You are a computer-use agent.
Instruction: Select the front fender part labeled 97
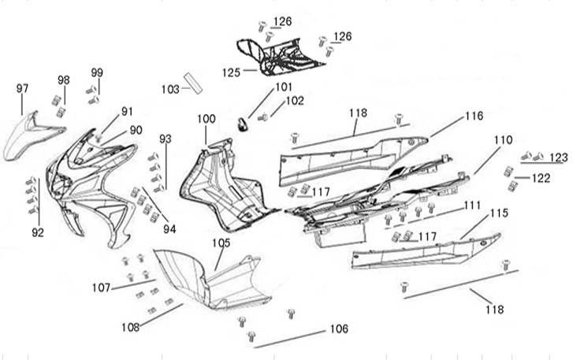tap(30, 137)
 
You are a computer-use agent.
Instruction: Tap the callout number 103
tap(170, 89)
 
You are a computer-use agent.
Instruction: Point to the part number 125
tap(230, 72)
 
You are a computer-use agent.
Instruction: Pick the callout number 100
tap(206, 119)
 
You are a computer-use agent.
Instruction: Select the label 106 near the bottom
tap(338, 328)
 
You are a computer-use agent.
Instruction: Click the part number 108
tap(131, 326)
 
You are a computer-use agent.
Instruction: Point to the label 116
tap(473, 116)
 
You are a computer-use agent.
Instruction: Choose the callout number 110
tap(503, 139)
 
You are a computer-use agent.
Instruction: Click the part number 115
tap(499, 213)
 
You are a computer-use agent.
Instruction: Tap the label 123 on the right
tap(559, 158)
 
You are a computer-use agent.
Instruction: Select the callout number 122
tap(541, 178)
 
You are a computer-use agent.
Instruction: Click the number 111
tap(471, 205)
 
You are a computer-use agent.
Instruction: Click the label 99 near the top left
tap(97, 72)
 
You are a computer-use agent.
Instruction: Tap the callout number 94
tap(167, 229)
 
